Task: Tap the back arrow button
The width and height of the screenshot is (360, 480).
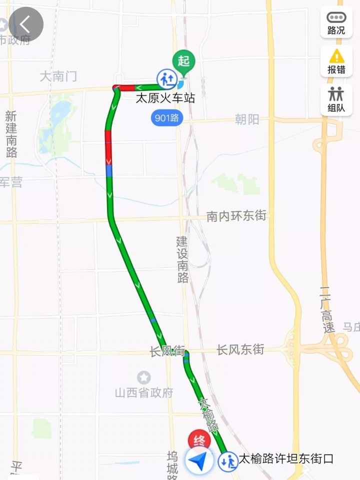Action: (25, 23)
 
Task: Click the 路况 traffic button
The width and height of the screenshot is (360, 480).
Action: (336, 22)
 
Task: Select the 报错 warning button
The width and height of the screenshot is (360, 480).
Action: (336, 61)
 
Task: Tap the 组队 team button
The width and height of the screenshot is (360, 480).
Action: (336, 100)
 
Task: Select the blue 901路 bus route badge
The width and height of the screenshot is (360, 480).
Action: (167, 118)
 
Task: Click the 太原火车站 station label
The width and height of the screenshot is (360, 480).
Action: (165, 98)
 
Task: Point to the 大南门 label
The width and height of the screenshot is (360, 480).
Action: (58, 76)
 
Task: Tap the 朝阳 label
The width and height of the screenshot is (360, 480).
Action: (247, 119)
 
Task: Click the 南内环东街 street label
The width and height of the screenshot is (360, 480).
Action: (236, 216)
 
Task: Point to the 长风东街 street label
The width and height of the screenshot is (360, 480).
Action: (240, 350)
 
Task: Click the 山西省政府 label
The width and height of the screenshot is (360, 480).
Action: (144, 393)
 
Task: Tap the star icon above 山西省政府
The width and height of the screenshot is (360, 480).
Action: (144, 378)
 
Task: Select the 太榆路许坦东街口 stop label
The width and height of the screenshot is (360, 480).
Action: (286, 459)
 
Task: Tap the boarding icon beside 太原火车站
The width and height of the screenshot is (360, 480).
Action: (166, 79)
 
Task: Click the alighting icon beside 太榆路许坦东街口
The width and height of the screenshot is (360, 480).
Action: (227, 461)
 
